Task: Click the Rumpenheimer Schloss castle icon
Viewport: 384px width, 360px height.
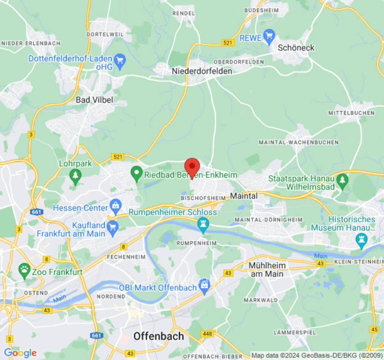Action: [x=203, y=225]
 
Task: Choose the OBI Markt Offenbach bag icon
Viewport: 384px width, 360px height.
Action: [x=205, y=285]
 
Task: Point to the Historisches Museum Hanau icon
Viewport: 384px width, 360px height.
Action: [x=361, y=241]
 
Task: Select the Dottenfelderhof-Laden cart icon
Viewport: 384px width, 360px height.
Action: [x=119, y=62]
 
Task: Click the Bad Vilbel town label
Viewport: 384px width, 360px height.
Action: [x=94, y=99]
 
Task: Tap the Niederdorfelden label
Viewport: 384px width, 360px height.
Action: [x=202, y=71]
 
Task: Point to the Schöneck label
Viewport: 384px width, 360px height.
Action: [x=296, y=47]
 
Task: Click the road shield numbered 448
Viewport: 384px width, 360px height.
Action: [x=208, y=333]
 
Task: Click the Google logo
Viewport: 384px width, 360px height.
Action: [x=20, y=353]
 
